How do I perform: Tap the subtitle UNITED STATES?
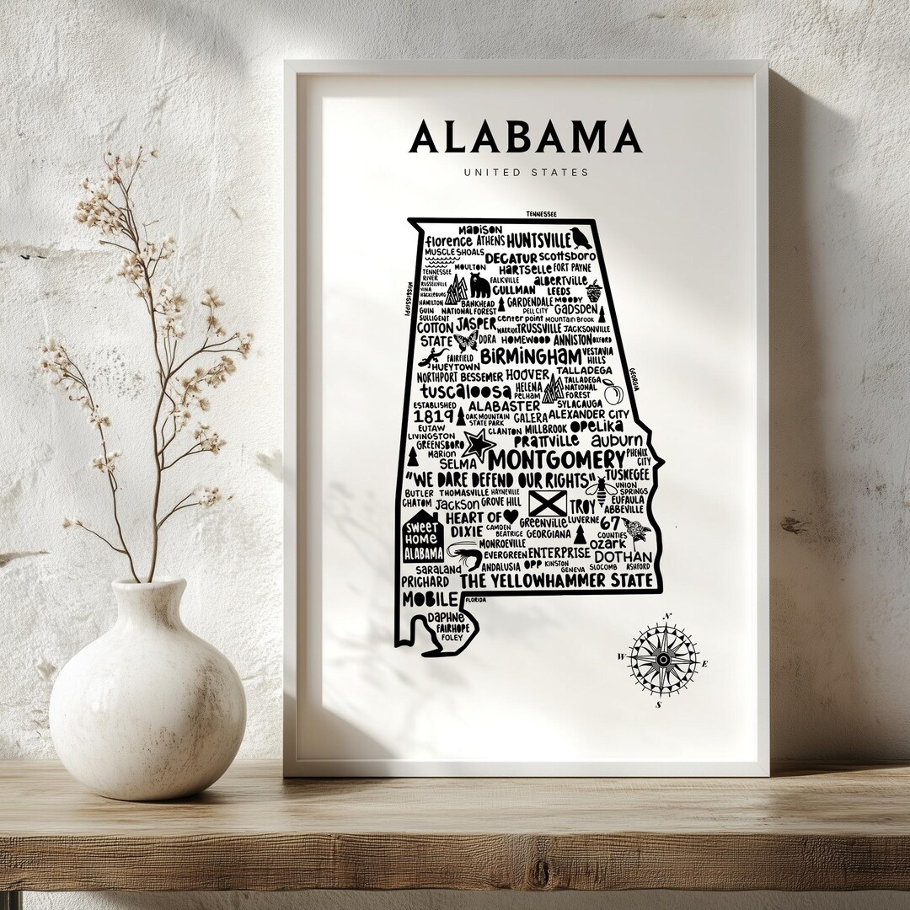tap(525, 173)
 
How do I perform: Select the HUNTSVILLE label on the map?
tap(538, 241)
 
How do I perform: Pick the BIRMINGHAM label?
tap(531, 356)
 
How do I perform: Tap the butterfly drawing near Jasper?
tap(465, 340)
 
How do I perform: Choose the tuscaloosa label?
tap(465, 393)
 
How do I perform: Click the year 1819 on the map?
tap(433, 415)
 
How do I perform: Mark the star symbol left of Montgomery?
tap(479, 444)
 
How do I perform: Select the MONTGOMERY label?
tap(555, 460)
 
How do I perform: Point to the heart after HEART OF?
tap(510, 517)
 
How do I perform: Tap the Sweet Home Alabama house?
tap(422, 537)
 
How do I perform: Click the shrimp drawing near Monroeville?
tap(462, 553)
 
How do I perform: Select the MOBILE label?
tap(429, 599)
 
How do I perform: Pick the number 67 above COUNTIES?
tap(610, 523)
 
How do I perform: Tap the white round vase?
tap(147, 690)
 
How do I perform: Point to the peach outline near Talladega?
tap(612, 393)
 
